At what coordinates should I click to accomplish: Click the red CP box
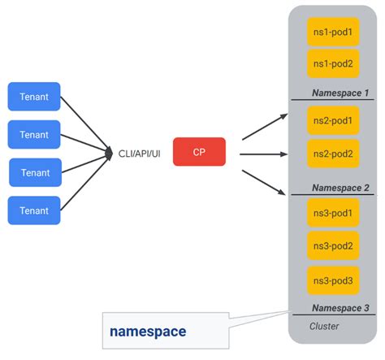pos(198,151)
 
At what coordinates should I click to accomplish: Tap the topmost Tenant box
pos(34,97)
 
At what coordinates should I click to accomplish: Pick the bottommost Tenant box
pos(34,210)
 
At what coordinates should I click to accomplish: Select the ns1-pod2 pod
pos(332,63)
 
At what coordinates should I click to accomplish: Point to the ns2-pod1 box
pos(332,121)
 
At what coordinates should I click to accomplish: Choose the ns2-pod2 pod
pos(332,154)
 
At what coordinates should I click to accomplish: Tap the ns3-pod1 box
pos(332,213)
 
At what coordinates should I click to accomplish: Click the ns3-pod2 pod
pos(332,245)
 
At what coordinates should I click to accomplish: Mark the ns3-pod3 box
pos(332,280)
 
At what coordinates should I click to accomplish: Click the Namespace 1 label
pos(340,93)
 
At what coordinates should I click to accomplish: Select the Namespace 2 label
pos(340,188)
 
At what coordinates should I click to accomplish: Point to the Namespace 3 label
pos(340,308)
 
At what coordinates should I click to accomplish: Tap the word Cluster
pos(325,326)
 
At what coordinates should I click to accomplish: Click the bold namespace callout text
pos(148,332)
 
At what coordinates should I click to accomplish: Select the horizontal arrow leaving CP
pos(262,153)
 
